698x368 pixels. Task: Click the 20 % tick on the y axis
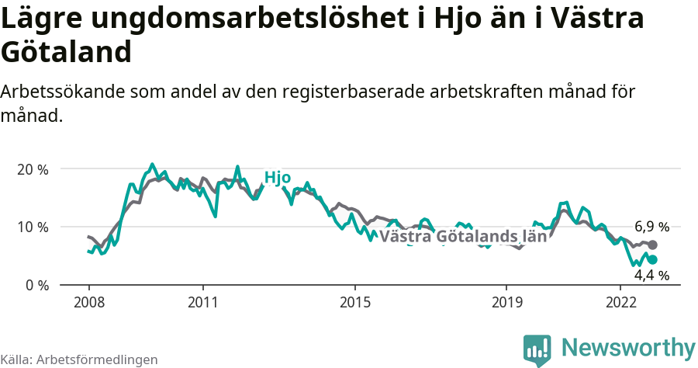pos(31,169)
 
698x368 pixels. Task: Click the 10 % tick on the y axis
pos(31,227)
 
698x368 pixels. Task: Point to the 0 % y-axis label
pos(35,285)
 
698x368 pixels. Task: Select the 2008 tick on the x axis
pos(88,300)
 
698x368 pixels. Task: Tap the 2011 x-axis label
pos(202,300)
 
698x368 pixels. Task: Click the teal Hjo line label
pos(277,178)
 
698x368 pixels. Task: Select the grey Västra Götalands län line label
pos(464,236)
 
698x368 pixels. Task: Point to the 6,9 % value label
pos(651,227)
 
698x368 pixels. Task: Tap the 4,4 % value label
pos(651,275)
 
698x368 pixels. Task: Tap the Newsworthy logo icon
pos(537,350)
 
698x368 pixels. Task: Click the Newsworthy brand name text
pos(628,347)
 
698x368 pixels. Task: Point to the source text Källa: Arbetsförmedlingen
pos(79,359)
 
